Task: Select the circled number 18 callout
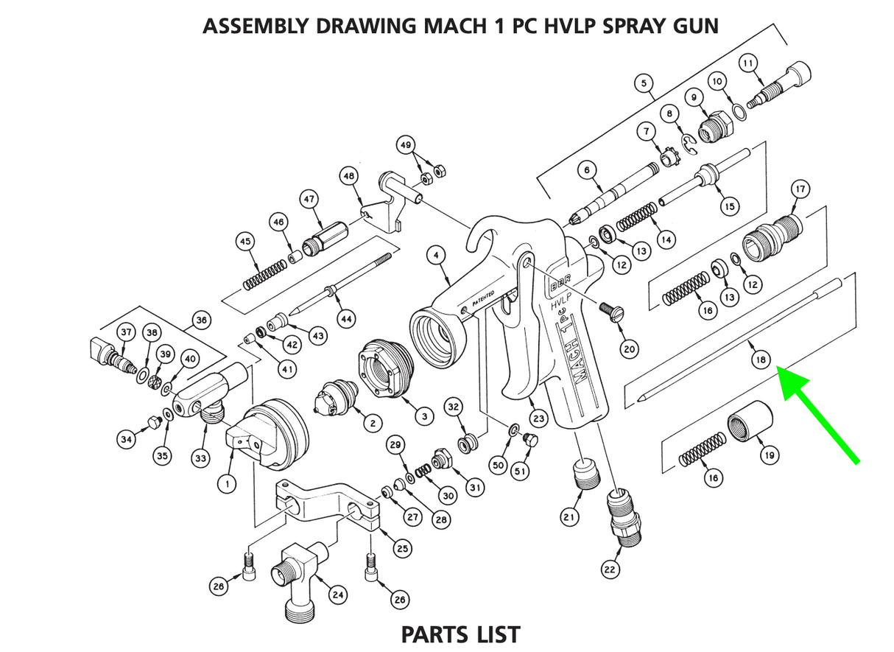(x=760, y=360)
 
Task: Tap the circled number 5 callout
(x=644, y=84)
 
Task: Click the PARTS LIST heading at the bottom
(x=460, y=634)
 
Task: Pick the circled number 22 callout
(x=610, y=569)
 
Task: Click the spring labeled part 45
(x=261, y=273)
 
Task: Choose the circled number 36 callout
(x=201, y=320)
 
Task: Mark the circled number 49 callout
(x=405, y=145)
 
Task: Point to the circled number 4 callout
(x=437, y=256)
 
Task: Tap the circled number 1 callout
(x=225, y=484)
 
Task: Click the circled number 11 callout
(x=748, y=64)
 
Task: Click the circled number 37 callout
(x=126, y=332)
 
